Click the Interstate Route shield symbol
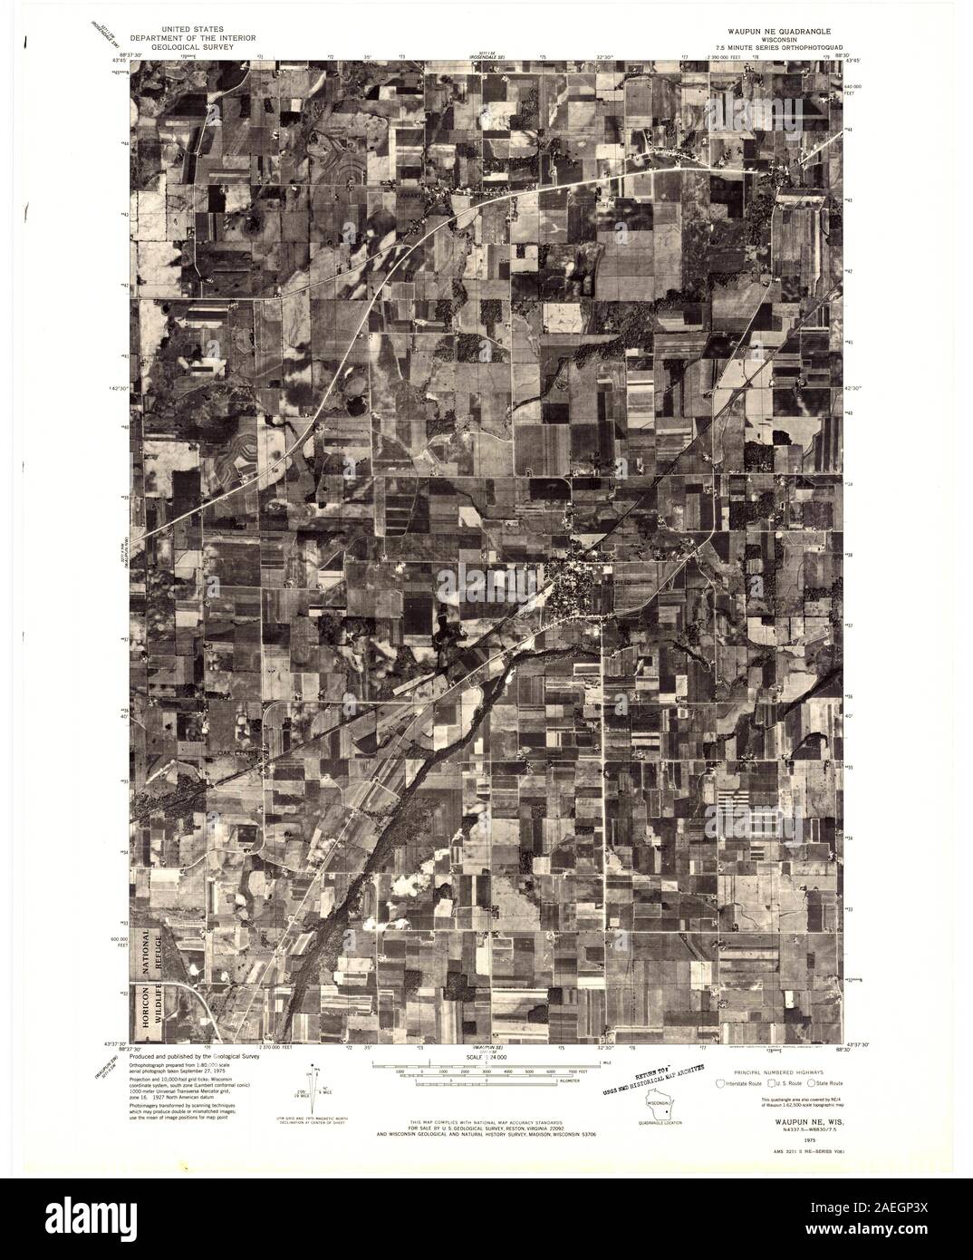720,1083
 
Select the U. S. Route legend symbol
771,1083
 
